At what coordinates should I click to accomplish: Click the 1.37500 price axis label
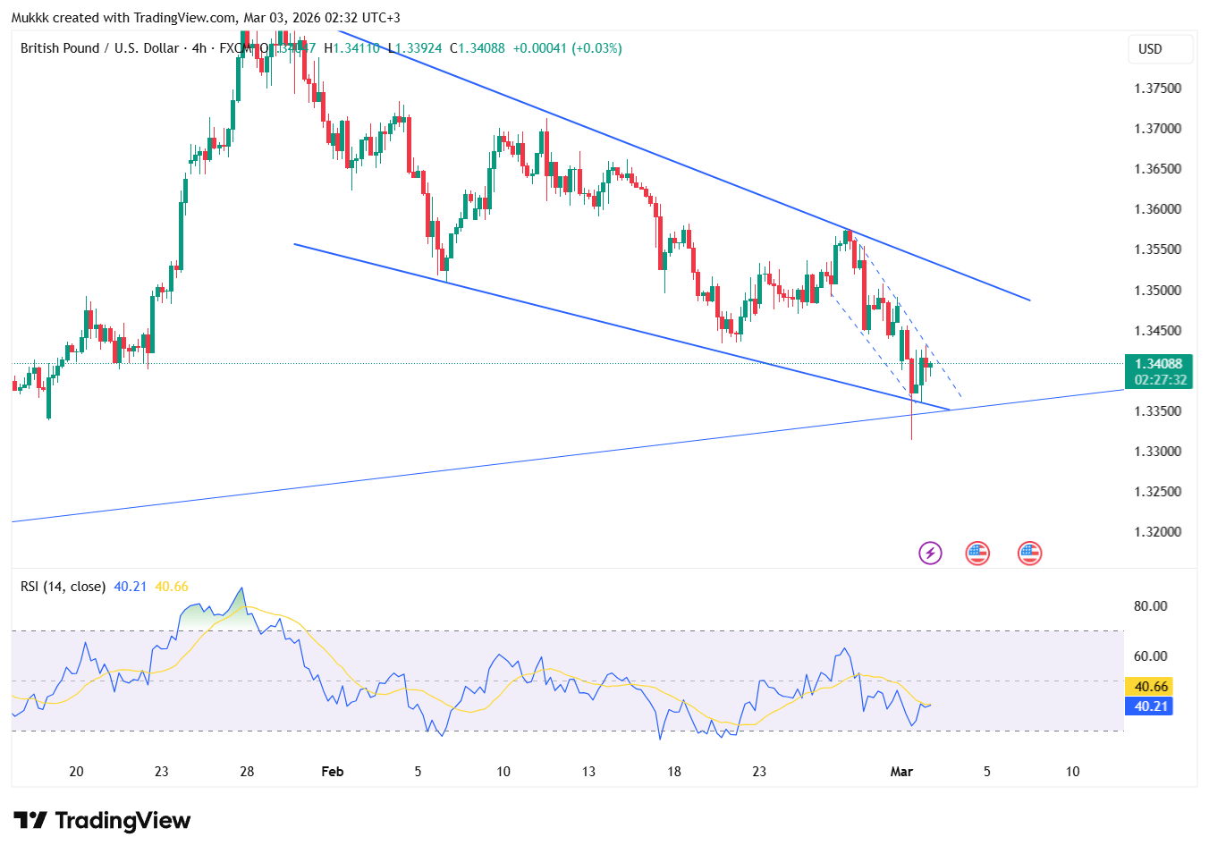pyautogui.click(x=1157, y=89)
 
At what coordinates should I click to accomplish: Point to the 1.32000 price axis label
pyautogui.click(x=1157, y=532)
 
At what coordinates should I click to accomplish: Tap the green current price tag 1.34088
pyautogui.click(x=1158, y=364)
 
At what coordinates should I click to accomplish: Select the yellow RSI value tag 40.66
pyautogui.click(x=1151, y=687)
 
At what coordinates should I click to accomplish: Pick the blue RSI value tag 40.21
pyautogui.click(x=1151, y=706)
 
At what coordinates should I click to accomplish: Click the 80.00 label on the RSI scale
pyautogui.click(x=1150, y=606)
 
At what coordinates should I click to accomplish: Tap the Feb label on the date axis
pyautogui.click(x=332, y=772)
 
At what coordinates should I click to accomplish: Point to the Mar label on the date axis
pyautogui.click(x=901, y=772)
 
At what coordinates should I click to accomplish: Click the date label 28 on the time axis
pyautogui.click(x=247, y=772)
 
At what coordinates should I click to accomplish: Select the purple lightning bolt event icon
pyautogui.click(x=930, y=554)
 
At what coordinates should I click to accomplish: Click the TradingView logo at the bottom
pyautogui.click(x=102, y=821)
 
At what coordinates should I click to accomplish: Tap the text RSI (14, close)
pyautogui.click(x=63, y=587)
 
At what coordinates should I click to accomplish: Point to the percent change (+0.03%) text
pyautogui.click(x=596, y=48)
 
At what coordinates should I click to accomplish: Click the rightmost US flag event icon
pyautogui.click(x=1029, y=554)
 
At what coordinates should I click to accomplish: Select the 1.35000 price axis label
pyautogui.click(x=1157, y=291)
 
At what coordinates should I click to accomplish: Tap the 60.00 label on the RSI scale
pyautogui.click(x=1150, y=656)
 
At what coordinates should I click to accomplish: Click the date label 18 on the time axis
pyautogui.click(x=673, y=772)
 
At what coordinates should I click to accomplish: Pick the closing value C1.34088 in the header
pyautogui.click(x=477, y=48)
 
